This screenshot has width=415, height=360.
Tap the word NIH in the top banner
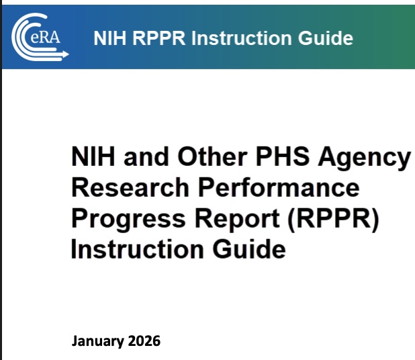coord(108,38)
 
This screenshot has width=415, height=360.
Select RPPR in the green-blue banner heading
coord(158,38)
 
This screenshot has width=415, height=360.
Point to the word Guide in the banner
coord(327,38)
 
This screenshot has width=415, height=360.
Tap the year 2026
coord(144,341)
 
